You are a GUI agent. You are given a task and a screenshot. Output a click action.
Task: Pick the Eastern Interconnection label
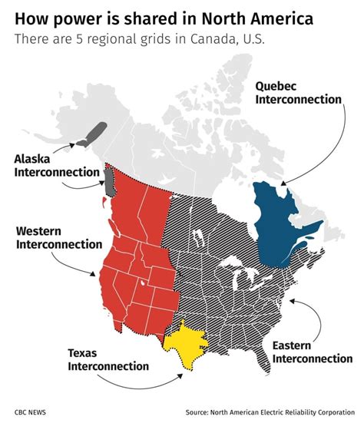[x=312, y=352]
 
